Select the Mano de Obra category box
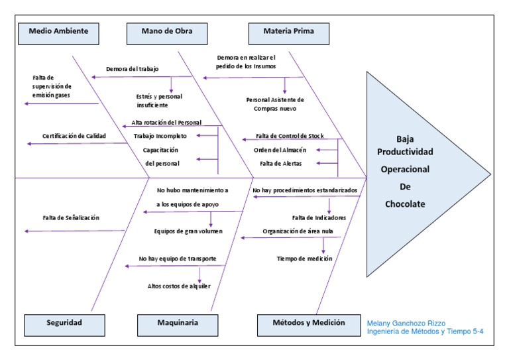[x=166, y=31]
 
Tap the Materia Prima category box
[x=288, y=31]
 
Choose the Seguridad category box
[x=64, y=323]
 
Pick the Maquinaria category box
[x=178, y=323]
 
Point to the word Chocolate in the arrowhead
[x=405, y=204]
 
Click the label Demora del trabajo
[x=131, y=69]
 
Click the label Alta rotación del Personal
[x=166, y=123]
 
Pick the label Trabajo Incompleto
[x=160, y=136]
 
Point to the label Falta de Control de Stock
[x=290, y=136]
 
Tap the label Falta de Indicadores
[x=319, y=217]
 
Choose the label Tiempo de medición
[x=304, y=259]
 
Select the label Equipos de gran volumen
[x=188, y=231]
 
